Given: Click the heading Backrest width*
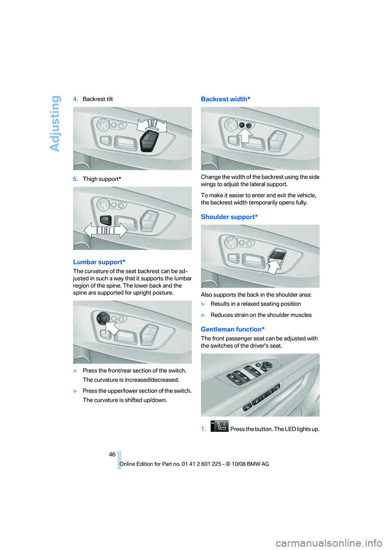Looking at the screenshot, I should [225, 99].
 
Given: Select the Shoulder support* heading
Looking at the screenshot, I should [229, 217].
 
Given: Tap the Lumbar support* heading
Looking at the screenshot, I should [99, 262].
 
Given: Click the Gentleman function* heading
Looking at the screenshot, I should [233, 329].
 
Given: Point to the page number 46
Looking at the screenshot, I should [112, 454].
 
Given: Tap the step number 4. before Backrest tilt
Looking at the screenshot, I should [75, 99].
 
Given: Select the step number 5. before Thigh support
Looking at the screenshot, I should [75, 179].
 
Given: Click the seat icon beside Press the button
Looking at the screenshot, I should [220, 426].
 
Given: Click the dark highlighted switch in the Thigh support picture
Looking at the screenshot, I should [106, 220].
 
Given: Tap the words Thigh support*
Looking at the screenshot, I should [102, 179].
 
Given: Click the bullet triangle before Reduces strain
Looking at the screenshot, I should [203, 315].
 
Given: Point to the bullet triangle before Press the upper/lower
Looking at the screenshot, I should [75, 391].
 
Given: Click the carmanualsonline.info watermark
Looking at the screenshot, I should [329, 543].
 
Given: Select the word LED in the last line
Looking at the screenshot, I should [290, 429].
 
